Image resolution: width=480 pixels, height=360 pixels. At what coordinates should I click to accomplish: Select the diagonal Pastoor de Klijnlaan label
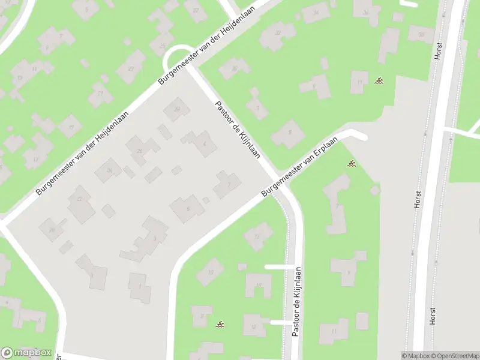[238, 130]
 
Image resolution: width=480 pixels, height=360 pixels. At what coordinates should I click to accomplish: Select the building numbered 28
[177, 109]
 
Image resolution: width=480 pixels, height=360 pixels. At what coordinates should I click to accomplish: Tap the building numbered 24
[109, 170]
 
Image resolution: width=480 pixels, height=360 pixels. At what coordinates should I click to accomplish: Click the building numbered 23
[131, 68]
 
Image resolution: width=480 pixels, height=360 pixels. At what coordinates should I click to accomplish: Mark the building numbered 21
[101, 94]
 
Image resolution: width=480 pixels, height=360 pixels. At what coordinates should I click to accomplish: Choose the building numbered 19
[71, 127]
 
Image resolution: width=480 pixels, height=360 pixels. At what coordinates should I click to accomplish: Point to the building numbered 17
[36, 159]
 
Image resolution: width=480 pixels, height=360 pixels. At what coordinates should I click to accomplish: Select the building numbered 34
[316, 13]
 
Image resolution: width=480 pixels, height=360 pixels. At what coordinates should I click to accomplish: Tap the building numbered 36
[365, 12]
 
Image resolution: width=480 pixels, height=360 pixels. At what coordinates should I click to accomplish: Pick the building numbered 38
[421, 35]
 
